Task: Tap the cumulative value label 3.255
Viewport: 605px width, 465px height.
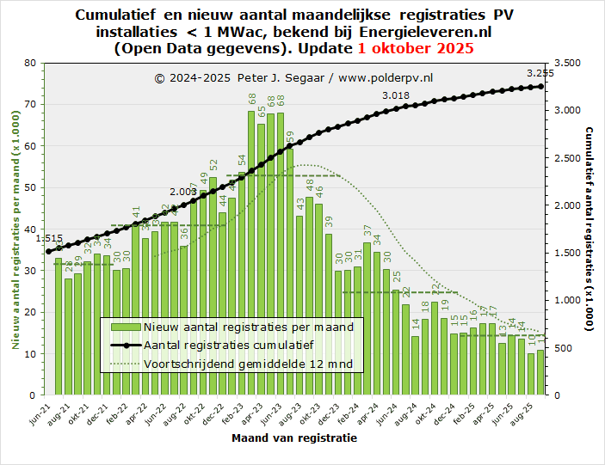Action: coord(540,74)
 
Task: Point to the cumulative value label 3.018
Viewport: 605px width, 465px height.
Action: coord(396,95)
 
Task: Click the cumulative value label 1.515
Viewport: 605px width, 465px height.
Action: coord(50,239)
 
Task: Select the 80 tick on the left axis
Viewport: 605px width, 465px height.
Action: coord(30,63)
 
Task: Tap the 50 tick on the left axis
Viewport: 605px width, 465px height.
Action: coord(30,187)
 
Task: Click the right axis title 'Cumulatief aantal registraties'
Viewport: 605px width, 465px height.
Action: coord(590,228)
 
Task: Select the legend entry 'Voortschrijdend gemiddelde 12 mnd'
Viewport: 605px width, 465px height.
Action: coord(254,364)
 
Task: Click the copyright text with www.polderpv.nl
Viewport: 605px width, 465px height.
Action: coord(293,77)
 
